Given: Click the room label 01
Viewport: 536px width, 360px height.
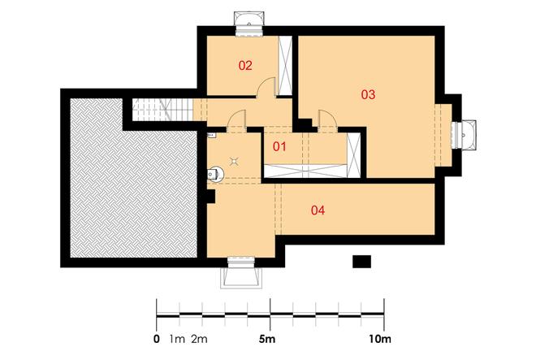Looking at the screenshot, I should click(x=279, y=147).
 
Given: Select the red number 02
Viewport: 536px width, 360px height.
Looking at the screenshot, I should click(x=245, y=65).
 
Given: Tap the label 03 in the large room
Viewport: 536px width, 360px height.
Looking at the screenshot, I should click(x=368, y=95).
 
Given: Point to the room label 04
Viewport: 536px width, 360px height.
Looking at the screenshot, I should click(x=318, y=211).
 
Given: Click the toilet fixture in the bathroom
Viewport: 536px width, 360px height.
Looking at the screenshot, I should click(x=215, y=172).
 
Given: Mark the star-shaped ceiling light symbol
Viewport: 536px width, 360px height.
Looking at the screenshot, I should click(x=236, y=160).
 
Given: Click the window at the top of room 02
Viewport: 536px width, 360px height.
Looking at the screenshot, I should click(x=247, y=22).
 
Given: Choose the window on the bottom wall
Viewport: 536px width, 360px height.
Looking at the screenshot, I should click(x=243, y=273).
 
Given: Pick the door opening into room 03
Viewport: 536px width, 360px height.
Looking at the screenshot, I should click(x=328, y=120).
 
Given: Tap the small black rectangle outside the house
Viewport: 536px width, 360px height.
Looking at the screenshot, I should click(x=361, y=261).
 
